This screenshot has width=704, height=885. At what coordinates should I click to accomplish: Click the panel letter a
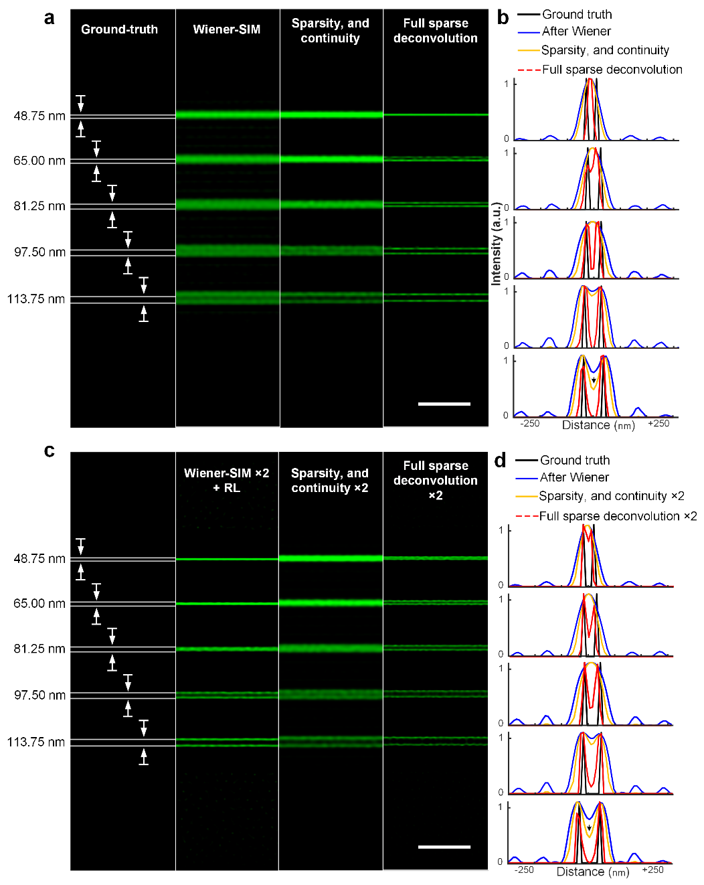point(49,17)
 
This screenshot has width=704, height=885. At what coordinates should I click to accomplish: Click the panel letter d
point(500,461)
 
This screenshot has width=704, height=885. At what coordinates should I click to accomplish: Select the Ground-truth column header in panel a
point(119,29)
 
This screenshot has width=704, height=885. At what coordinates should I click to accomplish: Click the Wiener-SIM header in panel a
point(226,29)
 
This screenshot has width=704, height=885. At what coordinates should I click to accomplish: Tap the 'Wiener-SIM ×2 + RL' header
point(226,480)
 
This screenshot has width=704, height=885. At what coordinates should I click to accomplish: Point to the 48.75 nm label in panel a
point(39,116)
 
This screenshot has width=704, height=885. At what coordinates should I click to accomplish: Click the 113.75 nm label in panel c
point(36,742)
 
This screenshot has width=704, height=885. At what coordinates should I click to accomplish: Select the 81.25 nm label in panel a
point(39,206)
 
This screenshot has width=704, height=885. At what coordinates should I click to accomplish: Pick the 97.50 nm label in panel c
point(39,695)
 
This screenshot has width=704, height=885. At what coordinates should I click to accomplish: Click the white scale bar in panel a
point(444,404)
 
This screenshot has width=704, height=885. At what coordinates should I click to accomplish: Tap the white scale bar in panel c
point(444,847)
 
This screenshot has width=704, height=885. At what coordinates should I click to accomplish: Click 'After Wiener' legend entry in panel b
point(576,31)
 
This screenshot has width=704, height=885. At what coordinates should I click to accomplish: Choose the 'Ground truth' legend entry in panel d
point(574,461)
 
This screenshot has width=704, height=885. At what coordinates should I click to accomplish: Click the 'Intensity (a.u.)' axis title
point(496,244)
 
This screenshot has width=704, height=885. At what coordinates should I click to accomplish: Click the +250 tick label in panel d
point(652,870)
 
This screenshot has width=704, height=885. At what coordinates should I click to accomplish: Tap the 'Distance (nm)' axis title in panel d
point(592,872)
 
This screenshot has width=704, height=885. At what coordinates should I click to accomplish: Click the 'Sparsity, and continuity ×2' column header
point(330,480)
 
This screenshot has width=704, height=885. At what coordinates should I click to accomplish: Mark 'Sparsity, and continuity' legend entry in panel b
point(604,50)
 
